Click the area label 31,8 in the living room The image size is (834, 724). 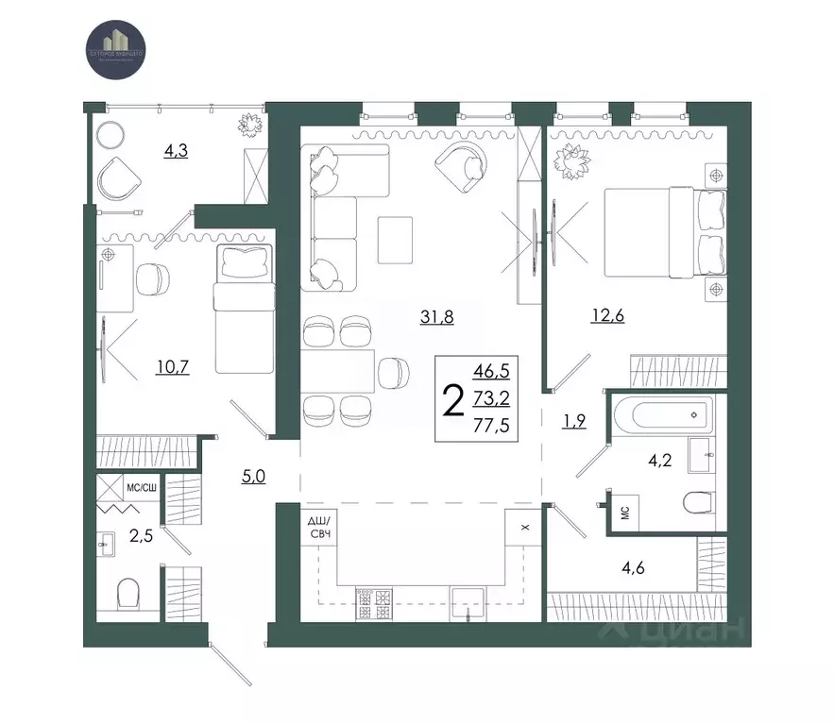pyautogui.click(x=437, y=317)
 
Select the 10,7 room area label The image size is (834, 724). pyautogui.click(x=173, y=366)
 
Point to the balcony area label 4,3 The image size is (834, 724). pyautogui.click(x=176, y=150)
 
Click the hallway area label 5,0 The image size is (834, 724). pyautogui.click(x=252, y=476)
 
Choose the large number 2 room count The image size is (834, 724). pyautogui.click(x=453, y=401)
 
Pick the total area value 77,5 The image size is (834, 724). pyautogui.click(x=491, y=425)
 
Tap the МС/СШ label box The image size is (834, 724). pyautogui.click(x=141, y=487)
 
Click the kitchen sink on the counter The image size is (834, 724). pyautogui.click(x=468, y=600)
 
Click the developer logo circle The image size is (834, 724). pyautogui.click(x=115, y=43)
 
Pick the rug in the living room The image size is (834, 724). pyautogui.click(x=395, y=240)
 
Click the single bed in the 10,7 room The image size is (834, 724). pyautogui.click(x=243, y=308)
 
